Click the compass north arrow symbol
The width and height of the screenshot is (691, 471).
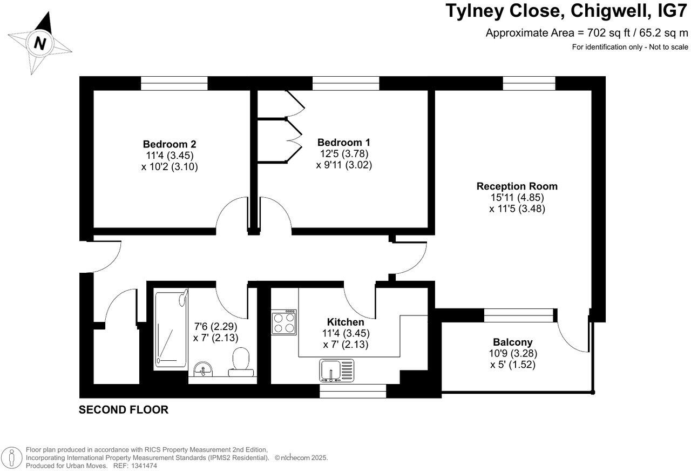(x=40, y=42)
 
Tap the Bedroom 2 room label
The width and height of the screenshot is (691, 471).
(x=169, y=144)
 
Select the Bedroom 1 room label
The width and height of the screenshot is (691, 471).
(x=344, y=143)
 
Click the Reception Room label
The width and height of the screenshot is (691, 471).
(x=517, y=186)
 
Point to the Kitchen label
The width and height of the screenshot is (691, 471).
(x=345, y=322)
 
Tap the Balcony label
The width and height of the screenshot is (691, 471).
(x=512, y=342)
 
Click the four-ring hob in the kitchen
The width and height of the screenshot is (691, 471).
(x=283, y=322)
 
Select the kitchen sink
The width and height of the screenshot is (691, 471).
(x=336, y=371)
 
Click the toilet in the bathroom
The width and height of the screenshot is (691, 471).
(x=240, y=361)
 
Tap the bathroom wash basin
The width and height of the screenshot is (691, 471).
(x=203, y=369)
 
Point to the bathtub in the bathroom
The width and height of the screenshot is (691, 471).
(x=170, y=327)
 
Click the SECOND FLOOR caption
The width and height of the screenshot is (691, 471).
(x=124, y=410)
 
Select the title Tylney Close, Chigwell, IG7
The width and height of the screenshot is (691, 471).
(x=567, y=11)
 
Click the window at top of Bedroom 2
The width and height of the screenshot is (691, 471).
(x=174, y=83)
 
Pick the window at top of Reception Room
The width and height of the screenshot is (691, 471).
(x=529, y=83)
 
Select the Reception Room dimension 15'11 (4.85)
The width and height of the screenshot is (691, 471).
(x=517, y=198)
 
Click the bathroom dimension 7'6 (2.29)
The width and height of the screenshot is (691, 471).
(x=215, y=326)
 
